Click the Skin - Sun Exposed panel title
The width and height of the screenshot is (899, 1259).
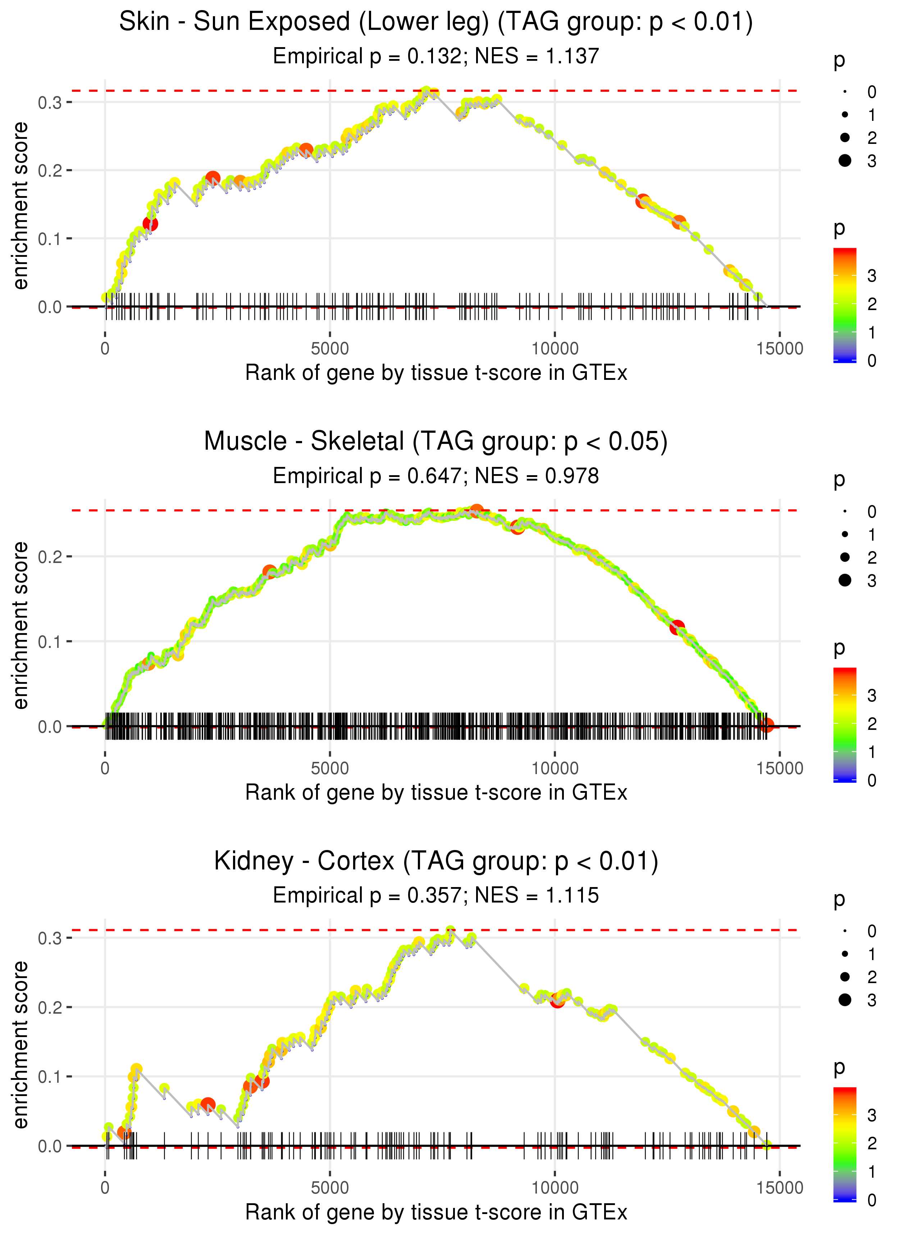[x=436, y=22]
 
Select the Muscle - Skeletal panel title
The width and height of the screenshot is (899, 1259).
[x=436, y=441]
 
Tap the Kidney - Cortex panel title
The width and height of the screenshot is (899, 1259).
[x=436, y=861]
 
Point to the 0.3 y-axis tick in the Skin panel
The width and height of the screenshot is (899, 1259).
[x=50, y=103]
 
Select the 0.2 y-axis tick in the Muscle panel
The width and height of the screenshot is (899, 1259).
[x=50, y=556]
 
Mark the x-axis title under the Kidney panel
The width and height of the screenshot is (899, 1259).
[x=436, y=1213]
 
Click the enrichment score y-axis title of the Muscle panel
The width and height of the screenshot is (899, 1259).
[x=20, y=625]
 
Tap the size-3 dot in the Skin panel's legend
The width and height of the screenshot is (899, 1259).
[x=845, y=160]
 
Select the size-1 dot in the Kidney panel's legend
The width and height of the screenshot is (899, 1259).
[x=845, y=954]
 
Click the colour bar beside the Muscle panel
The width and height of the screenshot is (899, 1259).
[x=845, y=725]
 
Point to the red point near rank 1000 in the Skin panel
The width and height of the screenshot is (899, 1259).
[x=150, y=224]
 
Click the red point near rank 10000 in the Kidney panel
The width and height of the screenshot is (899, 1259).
[x=557, y=1001]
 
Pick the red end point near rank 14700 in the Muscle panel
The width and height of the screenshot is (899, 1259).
[x=766, y=725]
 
